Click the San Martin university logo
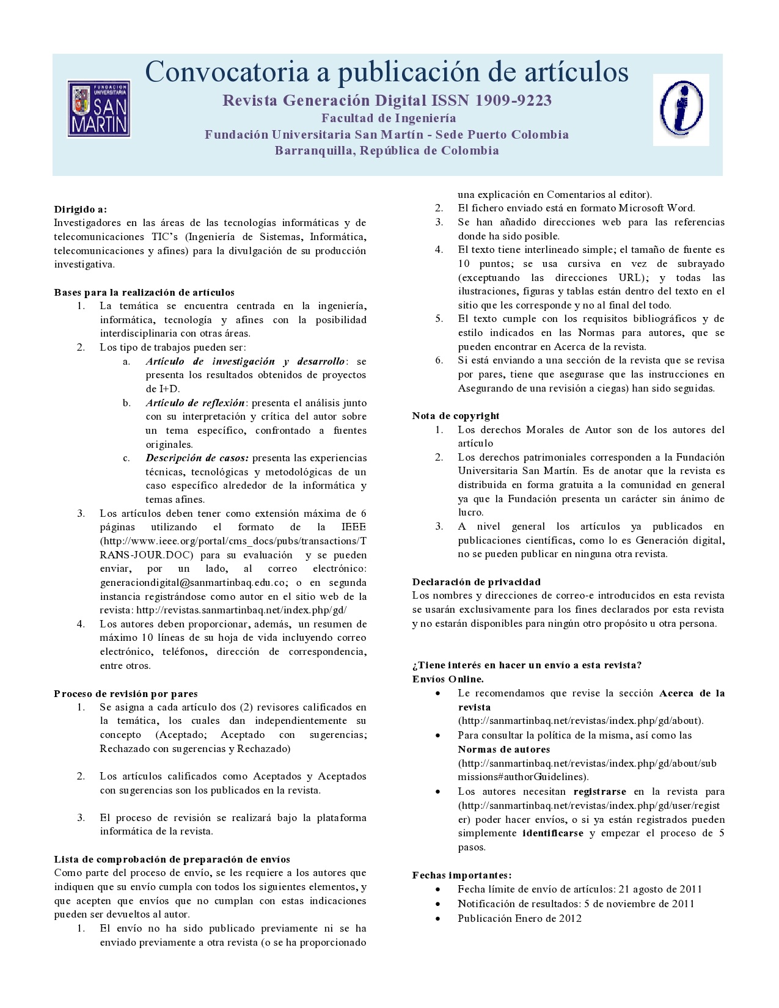99,109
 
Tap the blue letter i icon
681,109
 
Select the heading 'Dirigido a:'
80,210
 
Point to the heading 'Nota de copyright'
456,416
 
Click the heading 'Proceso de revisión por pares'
126,693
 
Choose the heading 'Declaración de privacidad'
477,582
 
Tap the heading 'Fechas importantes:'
462,875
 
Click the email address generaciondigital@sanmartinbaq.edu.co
193,583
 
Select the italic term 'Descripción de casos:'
197,458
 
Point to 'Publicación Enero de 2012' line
519,919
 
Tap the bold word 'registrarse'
600,792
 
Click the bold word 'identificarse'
553,833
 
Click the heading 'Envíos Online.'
448,679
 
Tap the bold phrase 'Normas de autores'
504,750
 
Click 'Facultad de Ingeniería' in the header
389,118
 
